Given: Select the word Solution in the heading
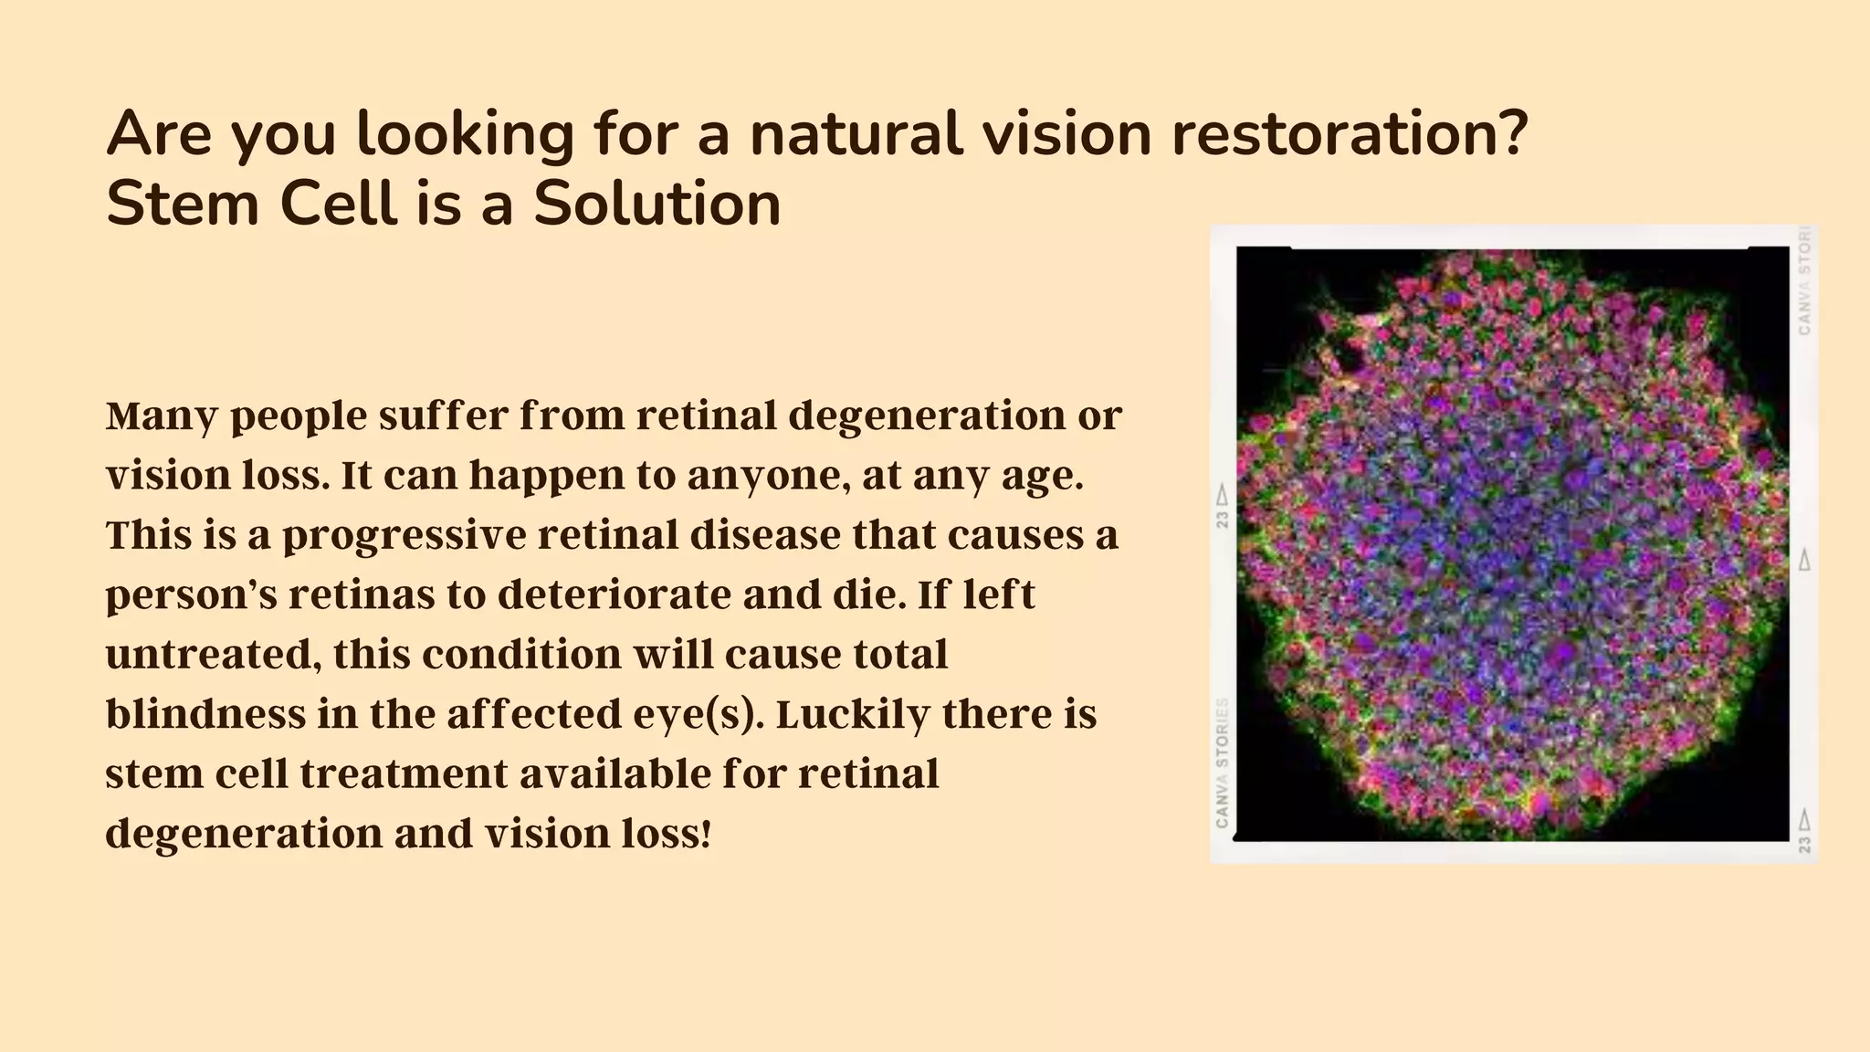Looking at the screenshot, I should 657,204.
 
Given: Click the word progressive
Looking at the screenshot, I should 404,536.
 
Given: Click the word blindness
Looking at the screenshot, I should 205,713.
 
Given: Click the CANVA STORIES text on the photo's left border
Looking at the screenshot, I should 1223,763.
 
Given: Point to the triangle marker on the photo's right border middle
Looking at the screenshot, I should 1804,560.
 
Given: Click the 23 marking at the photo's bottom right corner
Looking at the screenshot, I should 1804,843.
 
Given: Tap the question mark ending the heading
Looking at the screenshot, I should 1514,133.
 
